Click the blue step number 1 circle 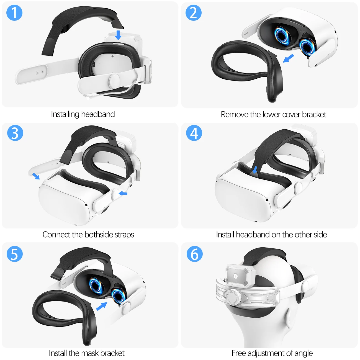tap(14, 13)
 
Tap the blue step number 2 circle tap(194, 13)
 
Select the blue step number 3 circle tap(15, 133)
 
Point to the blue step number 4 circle tap(194, 133)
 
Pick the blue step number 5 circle tap(14, 254)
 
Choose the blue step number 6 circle tap(194, 254)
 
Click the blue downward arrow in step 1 tap(118, 35)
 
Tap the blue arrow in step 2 tap(289, 58)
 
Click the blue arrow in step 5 tap(102, 306)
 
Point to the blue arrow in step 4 tap(255, 170)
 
